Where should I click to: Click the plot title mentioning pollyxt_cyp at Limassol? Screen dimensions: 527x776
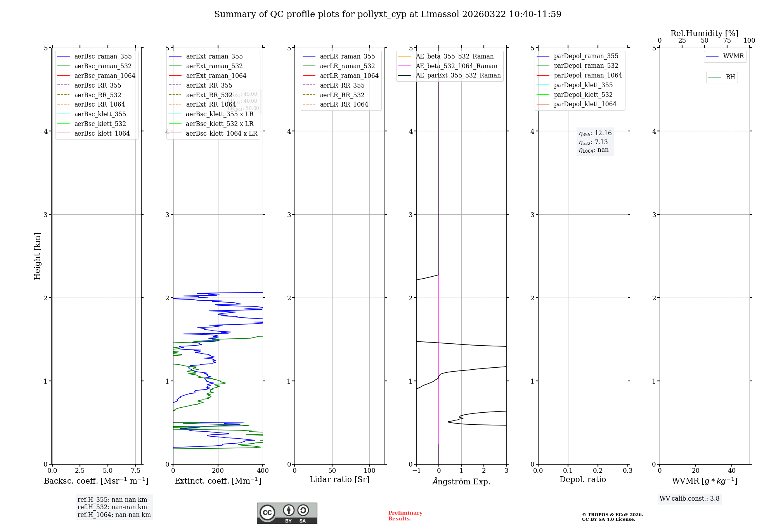point(388,14)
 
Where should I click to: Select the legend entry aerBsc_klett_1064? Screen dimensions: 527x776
point(102,133)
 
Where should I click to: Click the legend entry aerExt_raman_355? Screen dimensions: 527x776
point(214,57)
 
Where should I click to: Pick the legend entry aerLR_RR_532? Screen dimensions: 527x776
point(342,95)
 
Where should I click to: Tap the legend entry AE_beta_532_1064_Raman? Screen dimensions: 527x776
point(456,66)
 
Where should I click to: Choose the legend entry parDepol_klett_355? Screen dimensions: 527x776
point(583,85)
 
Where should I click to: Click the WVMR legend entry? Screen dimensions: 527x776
point(733,56)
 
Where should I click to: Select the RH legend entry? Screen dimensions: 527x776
point(730,77)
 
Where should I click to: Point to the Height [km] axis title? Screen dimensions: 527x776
point(37,256)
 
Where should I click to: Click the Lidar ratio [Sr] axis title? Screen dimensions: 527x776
point(339,479)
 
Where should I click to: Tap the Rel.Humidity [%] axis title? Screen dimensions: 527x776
point(704,33)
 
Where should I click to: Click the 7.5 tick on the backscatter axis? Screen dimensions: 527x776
point(135,470)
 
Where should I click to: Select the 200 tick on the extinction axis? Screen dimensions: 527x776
point(218,470)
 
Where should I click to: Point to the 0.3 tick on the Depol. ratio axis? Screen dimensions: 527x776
point(627,470)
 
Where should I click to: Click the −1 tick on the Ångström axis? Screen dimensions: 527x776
point(416,470)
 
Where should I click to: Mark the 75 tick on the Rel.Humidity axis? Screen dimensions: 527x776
point(727,41)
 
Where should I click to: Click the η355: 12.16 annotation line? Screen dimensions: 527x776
point(595,133)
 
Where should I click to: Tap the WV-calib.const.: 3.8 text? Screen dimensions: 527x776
point(689,499)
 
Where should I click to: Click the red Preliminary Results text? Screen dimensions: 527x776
point(405,516)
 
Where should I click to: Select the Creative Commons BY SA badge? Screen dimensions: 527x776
point(287,513)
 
